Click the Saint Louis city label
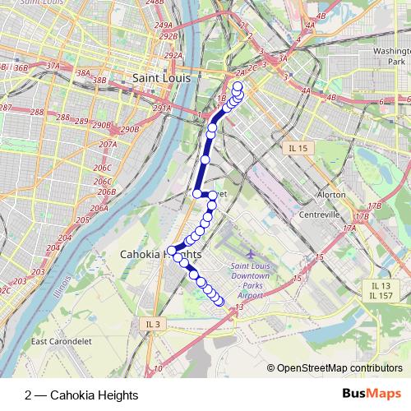pyautogui.click(x=161, y=78)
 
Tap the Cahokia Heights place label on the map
pyautogui.click(x=160, y=255)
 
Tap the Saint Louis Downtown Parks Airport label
pyautogui.click(x=256, y=280)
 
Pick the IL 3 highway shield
pyautogui.click(x=153, y=325)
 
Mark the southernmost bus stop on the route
pyautogui.click(x=219, y=302)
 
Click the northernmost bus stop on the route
pyautogui.click(x=238, y=86)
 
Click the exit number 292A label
pyautogui.click(x=172, y=56)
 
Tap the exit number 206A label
pyautogui.click(x=99, y=209)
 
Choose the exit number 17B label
pyautogui.click(x=375, y=205)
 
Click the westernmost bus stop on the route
pyautogui.click(x=172, y=250)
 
